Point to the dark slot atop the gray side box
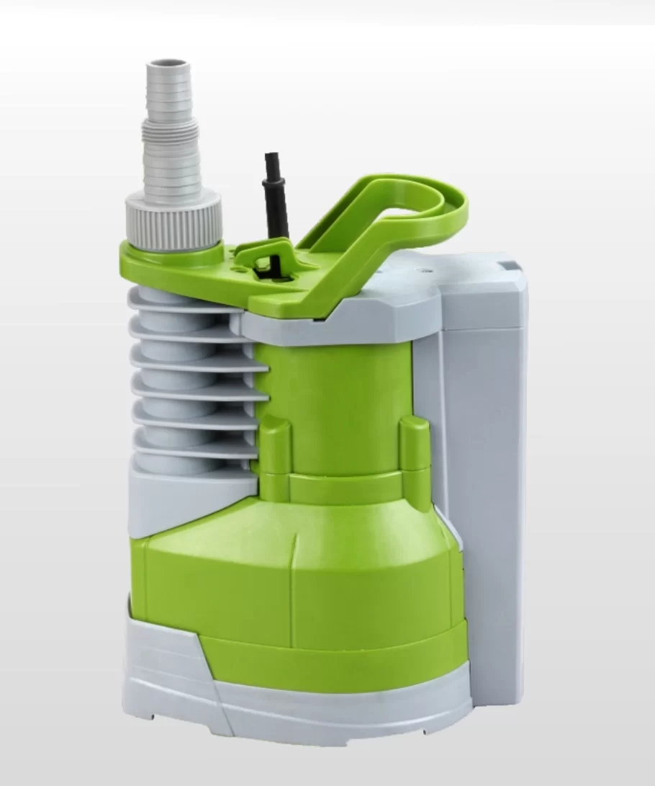pyautogui.click(x=508, y=266)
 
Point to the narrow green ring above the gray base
pyautogui.click(x=338, y=656)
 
